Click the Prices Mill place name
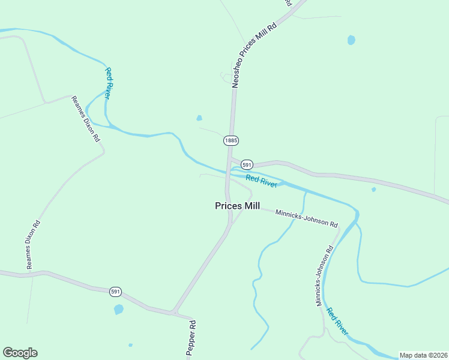click(237, 206)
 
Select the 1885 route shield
click(231, 140)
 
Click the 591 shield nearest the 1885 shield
click(247, 164)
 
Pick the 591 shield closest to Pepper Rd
click(116, 292)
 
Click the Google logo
click(20, 353)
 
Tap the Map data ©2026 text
click(423, 355)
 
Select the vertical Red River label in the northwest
click(109, 83)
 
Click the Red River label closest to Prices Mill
click(261, 181)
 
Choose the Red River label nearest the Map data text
click(337, 321)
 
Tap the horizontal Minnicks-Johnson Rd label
click(306, 218)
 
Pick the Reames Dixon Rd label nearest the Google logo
click(32, 244)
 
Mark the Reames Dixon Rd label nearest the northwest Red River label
click(85, 118)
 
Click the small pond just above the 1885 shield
click(199, 118)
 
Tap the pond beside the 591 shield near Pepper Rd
click(119, 310)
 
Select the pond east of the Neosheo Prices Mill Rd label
click(351, 40)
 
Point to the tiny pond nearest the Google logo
click(130, 345)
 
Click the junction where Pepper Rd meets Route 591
click(174, 312)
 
